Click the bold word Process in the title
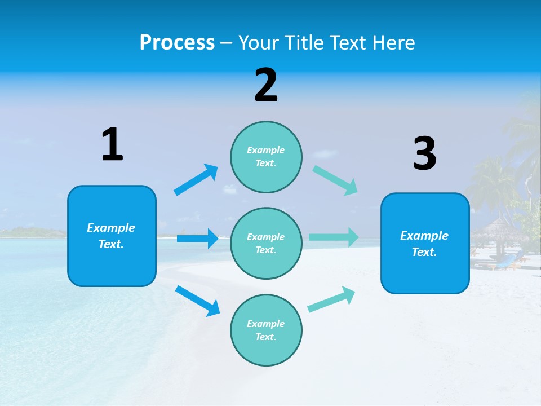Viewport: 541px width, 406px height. click(177, 43)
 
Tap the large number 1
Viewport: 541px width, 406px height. click(112, 145)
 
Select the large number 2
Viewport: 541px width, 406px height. click(266, 85)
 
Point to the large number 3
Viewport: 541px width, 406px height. click(424, 154)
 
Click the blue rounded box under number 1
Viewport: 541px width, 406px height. click(112, 236)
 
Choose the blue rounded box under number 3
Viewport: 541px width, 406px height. click(425, 243)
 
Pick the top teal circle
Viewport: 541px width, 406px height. click(266, 157)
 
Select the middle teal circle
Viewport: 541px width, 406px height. click(266, 243)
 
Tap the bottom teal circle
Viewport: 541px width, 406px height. click(266, 330)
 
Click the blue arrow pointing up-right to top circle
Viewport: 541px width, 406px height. click(196, 180)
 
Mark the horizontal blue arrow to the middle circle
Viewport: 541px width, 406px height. click(197, 239)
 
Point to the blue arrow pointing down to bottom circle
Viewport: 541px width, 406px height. click(197, 301)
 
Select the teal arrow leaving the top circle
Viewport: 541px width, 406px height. click(335, 180)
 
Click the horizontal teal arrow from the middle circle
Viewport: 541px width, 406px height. click(334, 237)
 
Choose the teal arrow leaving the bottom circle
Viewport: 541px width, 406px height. click(332, 299)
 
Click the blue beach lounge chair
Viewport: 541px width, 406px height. click(507, 261)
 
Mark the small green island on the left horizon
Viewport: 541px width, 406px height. click(28, 232)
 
